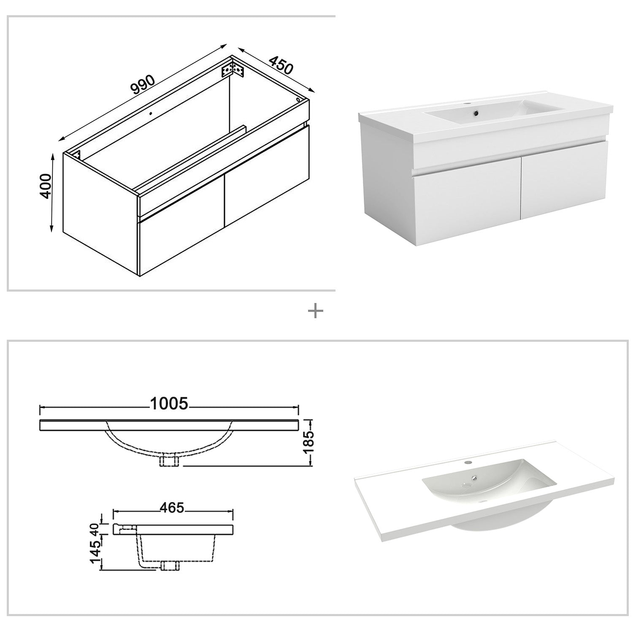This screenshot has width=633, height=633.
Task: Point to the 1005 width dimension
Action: click(x=168, y=403)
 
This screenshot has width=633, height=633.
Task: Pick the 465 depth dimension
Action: click(x=172, y=508)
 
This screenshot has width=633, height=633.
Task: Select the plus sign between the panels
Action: click(x=316, y=312)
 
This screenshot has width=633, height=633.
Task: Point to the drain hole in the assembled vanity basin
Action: click(x=476, y=113)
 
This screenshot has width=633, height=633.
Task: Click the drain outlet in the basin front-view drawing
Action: click(x=169, y=461)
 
